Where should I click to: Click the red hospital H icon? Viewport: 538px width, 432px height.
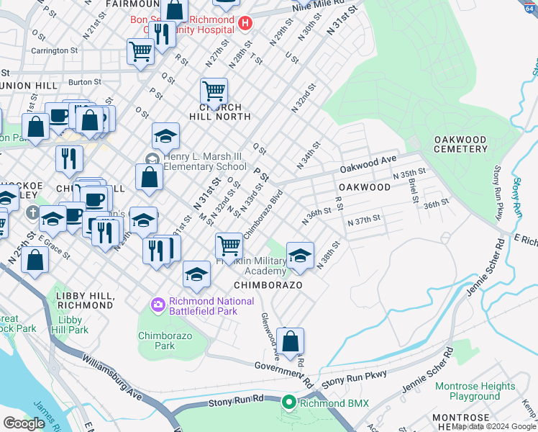(x=245, y=23)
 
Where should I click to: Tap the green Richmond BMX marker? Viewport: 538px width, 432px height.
(x=289, y=402)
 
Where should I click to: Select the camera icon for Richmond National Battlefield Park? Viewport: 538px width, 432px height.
(x=158, y=306)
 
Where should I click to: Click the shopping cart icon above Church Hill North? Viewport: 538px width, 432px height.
(x=214, y=91)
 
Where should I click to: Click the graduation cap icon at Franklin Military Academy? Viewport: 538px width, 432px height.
(x=300, y=254)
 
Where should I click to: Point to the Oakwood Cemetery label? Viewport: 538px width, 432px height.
(x=460, y=143)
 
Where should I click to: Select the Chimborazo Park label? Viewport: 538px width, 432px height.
(x=156, y=341)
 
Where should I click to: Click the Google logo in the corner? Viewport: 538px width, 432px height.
(x=24, y=424)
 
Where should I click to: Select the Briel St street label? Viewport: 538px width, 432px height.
(x=413, y=189)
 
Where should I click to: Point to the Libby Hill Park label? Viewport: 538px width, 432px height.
(x=74, y=325)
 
